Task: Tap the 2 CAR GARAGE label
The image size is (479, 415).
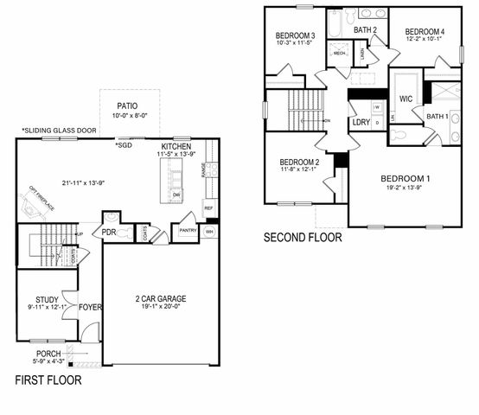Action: (x=160, y=299)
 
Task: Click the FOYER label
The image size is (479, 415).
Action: (x=90, y=306)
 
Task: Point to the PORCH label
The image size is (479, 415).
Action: (x=49, y=354)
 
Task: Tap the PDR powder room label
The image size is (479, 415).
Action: (x=110, y=232)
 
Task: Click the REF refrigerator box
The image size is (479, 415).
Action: (x=208, y=208)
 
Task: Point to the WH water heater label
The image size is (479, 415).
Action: (x=211, y=231)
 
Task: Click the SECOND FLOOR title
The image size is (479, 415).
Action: (x=303, y=237)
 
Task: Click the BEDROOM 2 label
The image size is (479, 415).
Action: (x=299, y=162)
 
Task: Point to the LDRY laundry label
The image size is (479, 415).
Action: (x=361, y=122)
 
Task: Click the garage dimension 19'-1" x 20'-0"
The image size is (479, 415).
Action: (x=160, y=308)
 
